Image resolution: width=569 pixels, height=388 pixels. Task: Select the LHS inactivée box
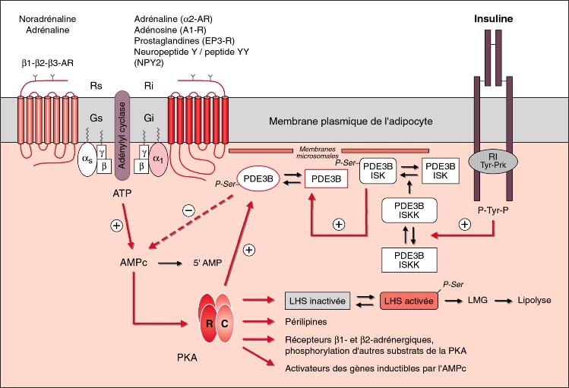(x=317, y=301)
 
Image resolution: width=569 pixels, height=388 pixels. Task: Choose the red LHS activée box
(x=409, y=301)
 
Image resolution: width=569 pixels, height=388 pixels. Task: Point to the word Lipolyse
(x=535, y=301)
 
